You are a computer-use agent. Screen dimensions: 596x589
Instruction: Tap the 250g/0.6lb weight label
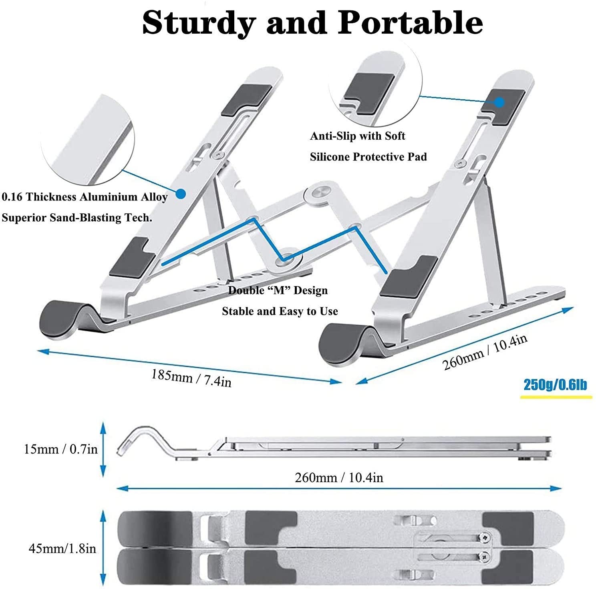[x=556, y=385]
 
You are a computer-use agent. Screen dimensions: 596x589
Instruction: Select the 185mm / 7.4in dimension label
[x=191, y=378]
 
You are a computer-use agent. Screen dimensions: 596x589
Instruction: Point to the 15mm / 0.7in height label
[x=61, y=449]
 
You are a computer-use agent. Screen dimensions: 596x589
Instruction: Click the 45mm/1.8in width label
[x=62, y=548]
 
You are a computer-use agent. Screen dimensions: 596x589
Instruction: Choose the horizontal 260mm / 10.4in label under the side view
[x=339, y=477]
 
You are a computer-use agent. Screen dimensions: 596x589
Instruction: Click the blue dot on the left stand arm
[x=181, y=194]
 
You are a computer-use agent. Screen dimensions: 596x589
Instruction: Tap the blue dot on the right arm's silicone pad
[x=499, y=102]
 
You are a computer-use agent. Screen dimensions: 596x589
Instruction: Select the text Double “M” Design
[x=278, y=290]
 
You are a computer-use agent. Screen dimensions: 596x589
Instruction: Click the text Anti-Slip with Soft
[x=358, y=136]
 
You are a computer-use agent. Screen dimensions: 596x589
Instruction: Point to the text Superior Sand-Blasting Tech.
[x=77, y=218]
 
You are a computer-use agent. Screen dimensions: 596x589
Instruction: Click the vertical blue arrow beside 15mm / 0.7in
[x=103, y=449]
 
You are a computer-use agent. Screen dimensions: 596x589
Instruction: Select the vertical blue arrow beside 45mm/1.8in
[x=103, y=548]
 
